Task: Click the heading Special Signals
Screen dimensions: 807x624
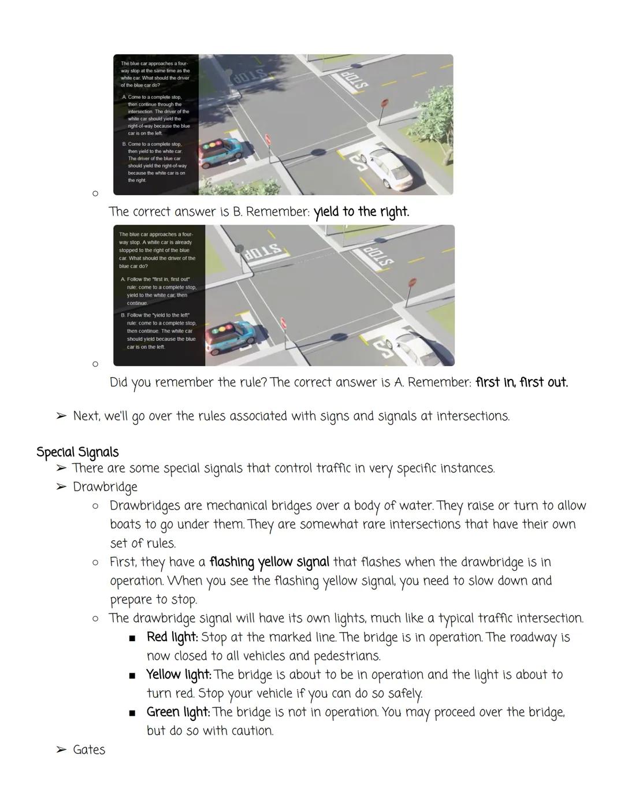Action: [77, 452]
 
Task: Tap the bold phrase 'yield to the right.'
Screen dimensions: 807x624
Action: [361, 212]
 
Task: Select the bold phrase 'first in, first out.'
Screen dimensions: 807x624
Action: [521, 382]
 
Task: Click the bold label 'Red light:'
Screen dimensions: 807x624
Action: [172, 637]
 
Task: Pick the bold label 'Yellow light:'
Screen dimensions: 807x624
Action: [179, 675]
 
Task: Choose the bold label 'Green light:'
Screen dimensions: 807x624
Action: [178, 712]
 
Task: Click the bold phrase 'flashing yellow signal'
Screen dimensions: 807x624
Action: [269, 562]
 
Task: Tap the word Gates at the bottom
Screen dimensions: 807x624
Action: [89, 750]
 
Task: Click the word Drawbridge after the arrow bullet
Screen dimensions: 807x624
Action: [105, 487]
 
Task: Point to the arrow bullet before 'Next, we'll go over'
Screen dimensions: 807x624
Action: [61, 416]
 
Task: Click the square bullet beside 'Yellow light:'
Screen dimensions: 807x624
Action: [132, 675]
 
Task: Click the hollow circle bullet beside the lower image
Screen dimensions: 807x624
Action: [95, 364]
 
